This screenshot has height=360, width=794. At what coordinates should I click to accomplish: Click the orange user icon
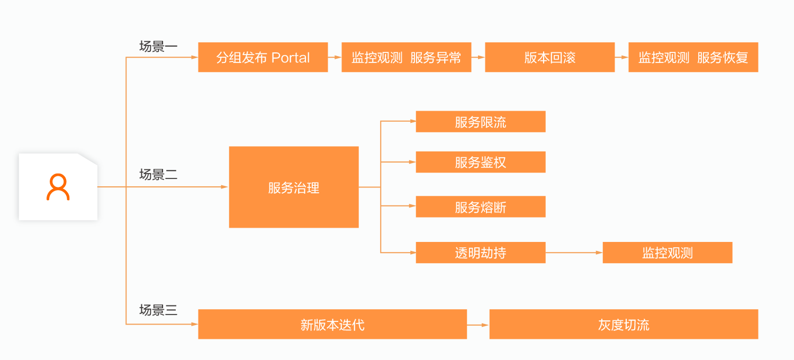58,187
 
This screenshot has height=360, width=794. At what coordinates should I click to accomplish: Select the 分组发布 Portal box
263,57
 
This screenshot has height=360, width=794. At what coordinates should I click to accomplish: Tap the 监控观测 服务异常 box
406,57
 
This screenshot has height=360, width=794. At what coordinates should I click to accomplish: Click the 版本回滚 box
549,57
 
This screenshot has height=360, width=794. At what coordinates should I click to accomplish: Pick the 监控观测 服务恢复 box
693,57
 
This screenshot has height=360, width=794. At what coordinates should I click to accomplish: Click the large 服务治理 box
294,187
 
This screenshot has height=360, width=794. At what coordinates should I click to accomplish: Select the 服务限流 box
480,122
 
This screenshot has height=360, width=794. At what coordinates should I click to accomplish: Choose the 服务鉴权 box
480,162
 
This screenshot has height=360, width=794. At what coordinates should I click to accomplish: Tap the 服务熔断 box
480,206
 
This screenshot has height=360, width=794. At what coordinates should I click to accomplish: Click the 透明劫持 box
480,253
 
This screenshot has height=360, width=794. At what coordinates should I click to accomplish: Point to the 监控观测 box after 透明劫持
667,253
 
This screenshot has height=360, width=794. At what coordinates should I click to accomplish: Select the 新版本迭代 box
332,324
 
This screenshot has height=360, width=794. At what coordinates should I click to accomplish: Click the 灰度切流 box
624,324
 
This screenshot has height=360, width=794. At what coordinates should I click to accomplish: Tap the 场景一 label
158,47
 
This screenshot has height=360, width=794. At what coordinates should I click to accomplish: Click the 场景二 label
158,175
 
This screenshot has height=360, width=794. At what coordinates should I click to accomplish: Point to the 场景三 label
158,310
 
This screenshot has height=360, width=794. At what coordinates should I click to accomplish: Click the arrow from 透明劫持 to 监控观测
574,253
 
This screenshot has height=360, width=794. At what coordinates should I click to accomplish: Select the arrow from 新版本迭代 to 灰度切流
478,324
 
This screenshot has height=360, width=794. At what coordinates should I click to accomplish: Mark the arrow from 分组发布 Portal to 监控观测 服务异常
335,57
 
